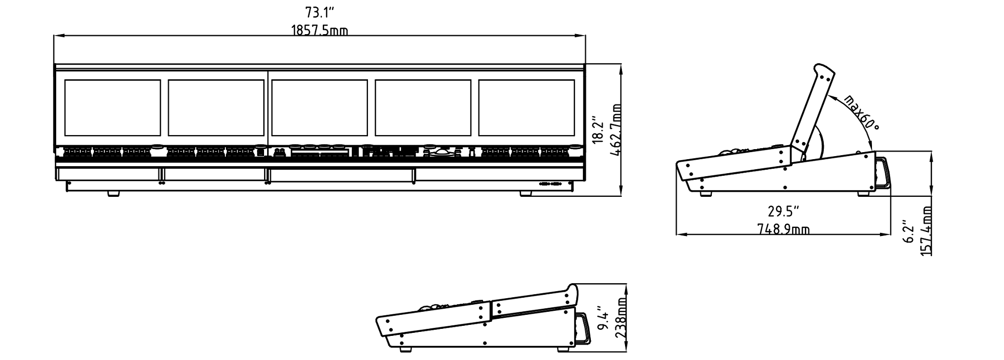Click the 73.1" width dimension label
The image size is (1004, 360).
(x=320, y=12)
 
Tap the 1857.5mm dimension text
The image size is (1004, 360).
(x=320, y=31)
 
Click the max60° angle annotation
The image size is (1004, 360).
(x=861, y=113)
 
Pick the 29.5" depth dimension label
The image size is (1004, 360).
(x=783, y=210)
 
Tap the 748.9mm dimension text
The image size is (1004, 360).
(x=783, y=229)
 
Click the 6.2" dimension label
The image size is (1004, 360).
(x=908, y=231)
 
